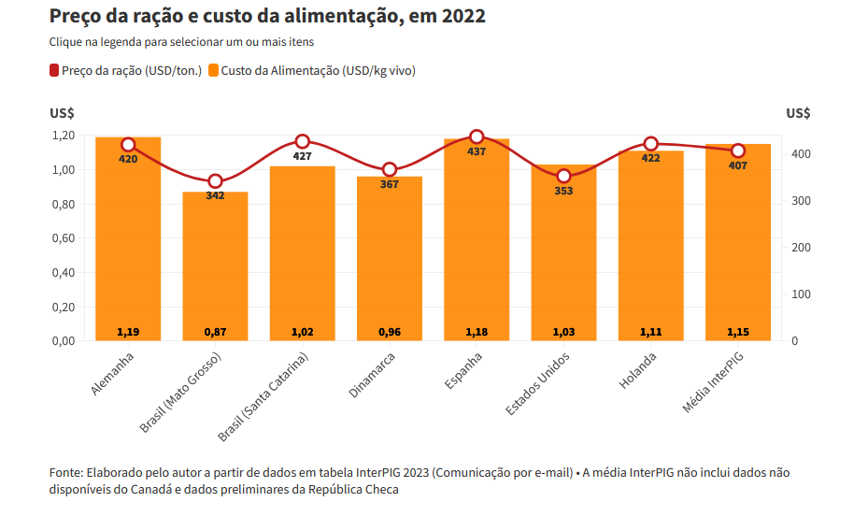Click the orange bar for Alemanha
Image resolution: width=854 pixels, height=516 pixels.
pyautogui.click(x=128, y=243)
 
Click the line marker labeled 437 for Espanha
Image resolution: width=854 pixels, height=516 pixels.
pyautogui.click(x=477, y=137)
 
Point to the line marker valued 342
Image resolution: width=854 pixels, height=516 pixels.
pyautogui.click(x=215, y=181)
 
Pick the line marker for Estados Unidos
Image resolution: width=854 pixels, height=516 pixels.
pyautogui.click(x=563, y=176)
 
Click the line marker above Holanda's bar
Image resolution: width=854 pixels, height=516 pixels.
pyautogui.click(x=651, y=144)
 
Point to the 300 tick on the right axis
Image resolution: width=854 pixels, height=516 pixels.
pyautogui.click(x=789, y=201)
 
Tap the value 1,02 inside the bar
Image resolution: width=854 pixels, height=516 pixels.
pyautogui.click(x=303, y=332)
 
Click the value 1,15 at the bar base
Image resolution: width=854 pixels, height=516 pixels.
pyautogui.click(x=738, y=332)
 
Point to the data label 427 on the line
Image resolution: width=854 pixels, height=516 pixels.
pyautogui.click(x=303, y=156)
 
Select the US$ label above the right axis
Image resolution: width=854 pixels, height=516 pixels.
pyautogui.click(x=798, y=113)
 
